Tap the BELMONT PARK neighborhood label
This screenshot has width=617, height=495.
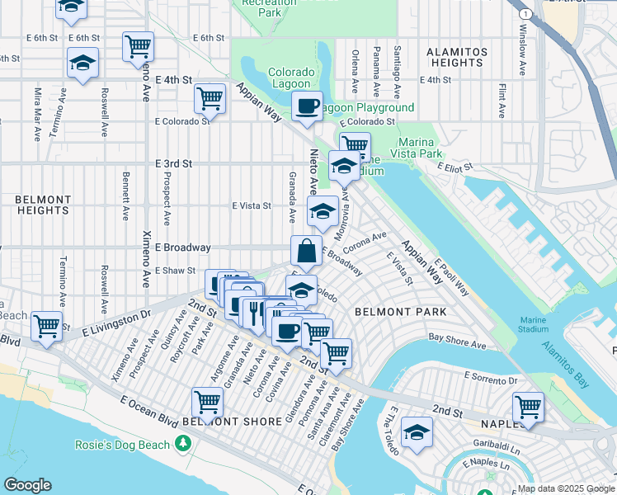[400, 312]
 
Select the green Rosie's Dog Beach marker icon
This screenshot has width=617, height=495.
[182, 445]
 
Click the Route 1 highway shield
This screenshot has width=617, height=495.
[524, 14]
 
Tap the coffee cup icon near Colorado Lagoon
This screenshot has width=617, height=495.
[307, 106]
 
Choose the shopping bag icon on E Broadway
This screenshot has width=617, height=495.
[306, 250]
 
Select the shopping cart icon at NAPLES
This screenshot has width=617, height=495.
[528, 406]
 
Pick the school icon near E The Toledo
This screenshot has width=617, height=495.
[417, 432]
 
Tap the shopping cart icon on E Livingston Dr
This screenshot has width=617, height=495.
[47, 325]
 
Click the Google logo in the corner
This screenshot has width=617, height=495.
[27, 485]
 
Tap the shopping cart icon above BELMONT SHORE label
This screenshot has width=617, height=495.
[207, 402]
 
